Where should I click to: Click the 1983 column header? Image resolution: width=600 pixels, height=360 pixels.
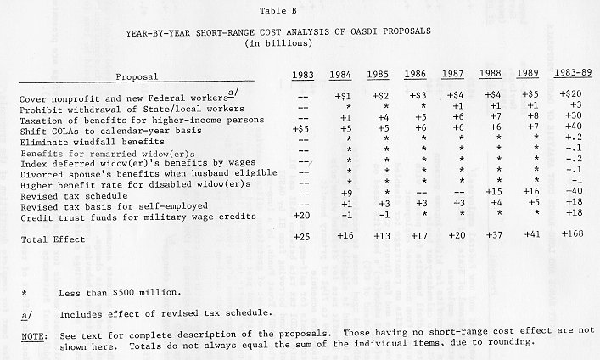coord(303,76)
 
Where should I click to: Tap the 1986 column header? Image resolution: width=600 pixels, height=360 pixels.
coord(416,75)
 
